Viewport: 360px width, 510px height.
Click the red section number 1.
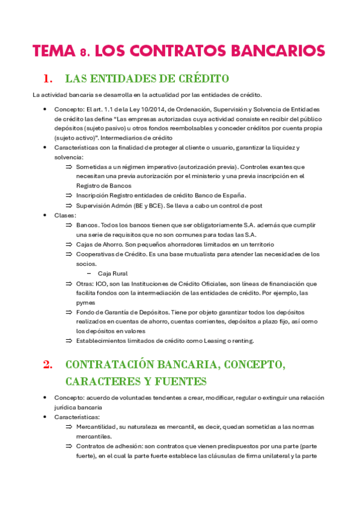pos(47,79)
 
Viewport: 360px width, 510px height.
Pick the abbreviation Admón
pos(120,205)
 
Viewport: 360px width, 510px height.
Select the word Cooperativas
pos(95,254)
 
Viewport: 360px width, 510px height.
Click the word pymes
pos(85,302)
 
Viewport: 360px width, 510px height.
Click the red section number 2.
pos(47,365)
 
